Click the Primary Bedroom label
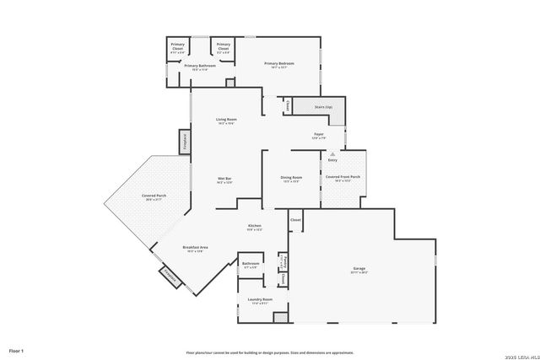279,64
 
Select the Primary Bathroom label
196,67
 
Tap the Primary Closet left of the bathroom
178,46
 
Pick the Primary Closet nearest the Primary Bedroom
224,46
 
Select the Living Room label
225,121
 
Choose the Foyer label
319,135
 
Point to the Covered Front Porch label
343,178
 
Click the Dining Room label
292,178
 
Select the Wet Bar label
224,180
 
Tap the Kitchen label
254,227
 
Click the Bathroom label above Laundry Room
251,265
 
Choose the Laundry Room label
257,301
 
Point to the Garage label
360,271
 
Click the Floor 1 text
17,350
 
